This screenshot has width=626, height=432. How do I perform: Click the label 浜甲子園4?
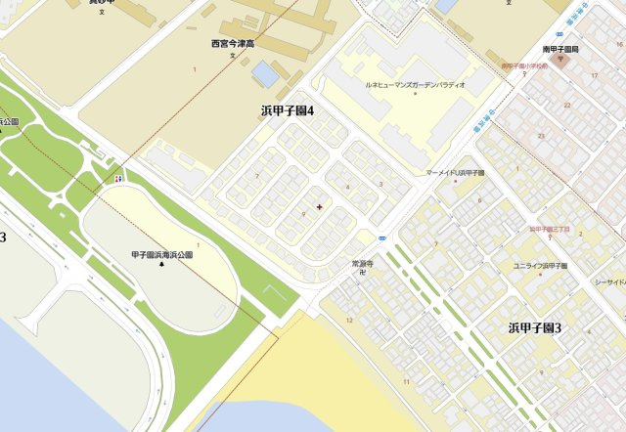(x=287, y=110)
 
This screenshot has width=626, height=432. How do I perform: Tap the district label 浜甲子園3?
(x=534, y=327)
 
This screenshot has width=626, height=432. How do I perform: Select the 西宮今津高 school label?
(x=233, y=44)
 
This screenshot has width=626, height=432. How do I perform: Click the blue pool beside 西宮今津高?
(x=264, y=72)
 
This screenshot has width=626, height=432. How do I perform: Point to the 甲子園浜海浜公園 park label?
(x=162, y=254)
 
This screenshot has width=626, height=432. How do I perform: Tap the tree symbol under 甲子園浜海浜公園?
(x=162, y=266)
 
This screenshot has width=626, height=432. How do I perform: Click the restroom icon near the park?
(x=119, y=179)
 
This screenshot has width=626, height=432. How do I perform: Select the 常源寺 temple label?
(x=363, y=264)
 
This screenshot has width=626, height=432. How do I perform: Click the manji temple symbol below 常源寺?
(x=363, y=274)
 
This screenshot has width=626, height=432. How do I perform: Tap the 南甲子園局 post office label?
(x=562, y=48)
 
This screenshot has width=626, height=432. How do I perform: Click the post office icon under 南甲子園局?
(x=562, y=60)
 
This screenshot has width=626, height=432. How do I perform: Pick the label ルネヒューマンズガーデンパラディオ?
(x=415, y=85)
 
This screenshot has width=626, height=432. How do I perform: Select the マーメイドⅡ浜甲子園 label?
(x=456, y=172)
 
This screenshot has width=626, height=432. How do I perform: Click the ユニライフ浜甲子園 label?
(x=540, y=265)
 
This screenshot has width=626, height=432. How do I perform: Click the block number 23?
(x=541, y=136)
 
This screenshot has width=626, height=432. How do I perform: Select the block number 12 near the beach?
(x=349, y=320)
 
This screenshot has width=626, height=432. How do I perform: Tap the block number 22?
(x=566, y=104)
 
